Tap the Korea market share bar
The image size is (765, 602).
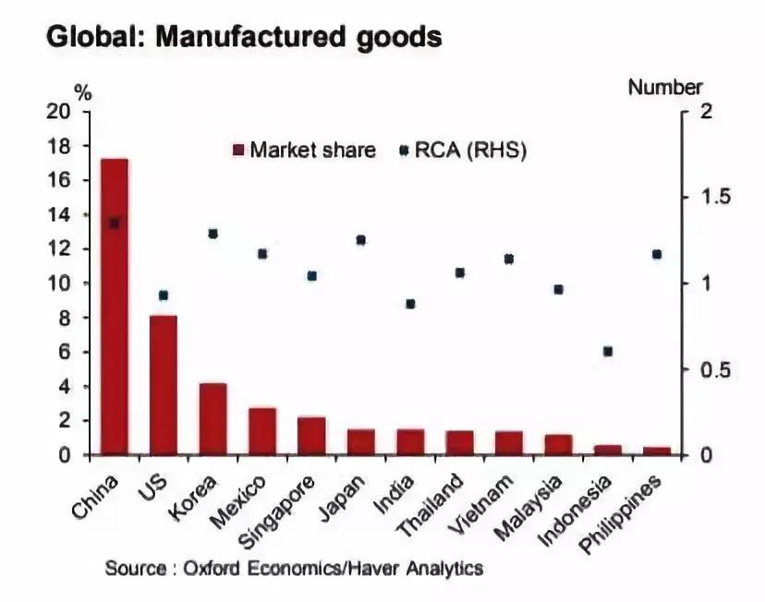[213, 418]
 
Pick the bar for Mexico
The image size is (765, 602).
[262, 430]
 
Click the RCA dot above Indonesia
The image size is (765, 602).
[608, 351]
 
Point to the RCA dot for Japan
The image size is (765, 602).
[361, 240]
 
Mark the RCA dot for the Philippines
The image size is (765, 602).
[658, 254]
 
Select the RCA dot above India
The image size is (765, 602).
[410, 304]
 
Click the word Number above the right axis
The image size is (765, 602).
[665, 88]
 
